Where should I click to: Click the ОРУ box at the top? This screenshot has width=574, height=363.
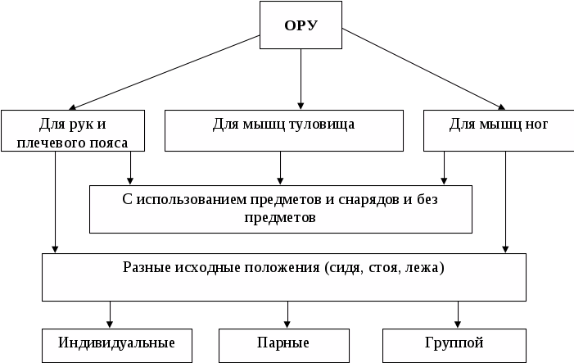[x=301, y=25]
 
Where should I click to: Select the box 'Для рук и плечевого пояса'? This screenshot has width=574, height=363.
[x=73, y=131]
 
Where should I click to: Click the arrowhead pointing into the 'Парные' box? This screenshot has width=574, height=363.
[x=287, y=324]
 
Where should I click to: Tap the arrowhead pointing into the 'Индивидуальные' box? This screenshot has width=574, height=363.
[x=109, y=324]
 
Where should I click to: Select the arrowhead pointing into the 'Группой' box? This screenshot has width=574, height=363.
[x=458, y=324]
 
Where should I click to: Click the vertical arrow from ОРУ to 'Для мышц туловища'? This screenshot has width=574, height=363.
[x=301, y=78]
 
